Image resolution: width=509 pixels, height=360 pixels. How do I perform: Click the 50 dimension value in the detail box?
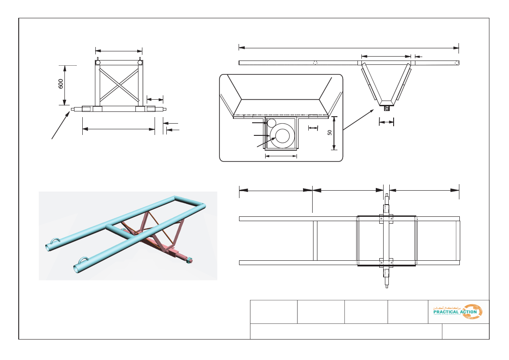point(330,133)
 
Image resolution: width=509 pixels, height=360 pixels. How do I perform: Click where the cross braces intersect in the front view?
point(119,84)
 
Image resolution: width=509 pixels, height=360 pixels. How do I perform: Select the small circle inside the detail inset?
point(272,123)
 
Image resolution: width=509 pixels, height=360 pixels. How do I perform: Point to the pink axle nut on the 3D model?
point(189,261)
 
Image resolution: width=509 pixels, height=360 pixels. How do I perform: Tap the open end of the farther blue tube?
point(49,248)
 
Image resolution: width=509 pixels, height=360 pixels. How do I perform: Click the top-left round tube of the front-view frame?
point(98,63)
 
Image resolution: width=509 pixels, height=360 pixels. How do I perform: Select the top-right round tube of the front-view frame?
point(140,63)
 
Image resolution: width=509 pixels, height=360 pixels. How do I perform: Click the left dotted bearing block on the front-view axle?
point(87,109)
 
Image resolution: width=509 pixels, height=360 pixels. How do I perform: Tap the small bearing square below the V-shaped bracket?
point(387,108)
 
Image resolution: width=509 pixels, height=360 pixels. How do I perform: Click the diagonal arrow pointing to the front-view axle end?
point(61,125)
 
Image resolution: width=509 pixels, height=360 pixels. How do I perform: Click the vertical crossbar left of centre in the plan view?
point(315,241)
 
